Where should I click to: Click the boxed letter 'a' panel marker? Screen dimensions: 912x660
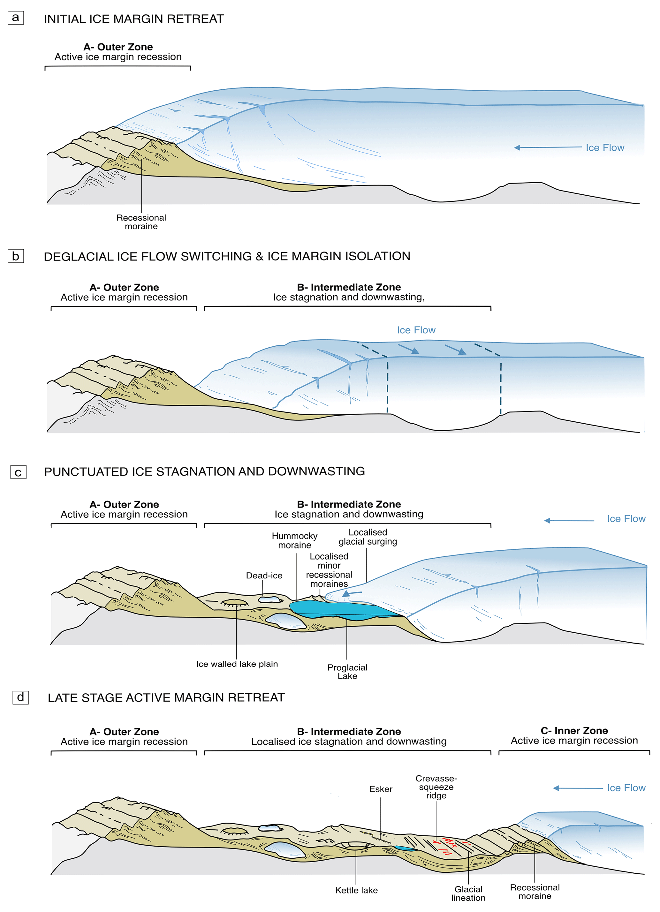pos(16,18)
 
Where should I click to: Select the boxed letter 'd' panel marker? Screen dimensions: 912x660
pos(20,697)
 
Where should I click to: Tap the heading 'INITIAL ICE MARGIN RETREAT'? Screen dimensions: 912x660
pos(133,19)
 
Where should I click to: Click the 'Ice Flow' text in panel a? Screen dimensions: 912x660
pos(604,147)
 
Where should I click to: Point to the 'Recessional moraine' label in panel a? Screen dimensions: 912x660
pos(141,222)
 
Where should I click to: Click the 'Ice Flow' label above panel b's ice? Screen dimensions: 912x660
pos(416,330)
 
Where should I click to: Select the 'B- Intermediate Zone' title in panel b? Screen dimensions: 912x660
pos(349,287)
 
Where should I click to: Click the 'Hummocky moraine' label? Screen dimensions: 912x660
pos(294,540)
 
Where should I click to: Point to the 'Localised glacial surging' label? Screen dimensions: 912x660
pos(368,537)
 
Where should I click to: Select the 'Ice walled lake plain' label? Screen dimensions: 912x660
pos(237,664)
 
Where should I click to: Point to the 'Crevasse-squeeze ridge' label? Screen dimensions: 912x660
pos(436,787)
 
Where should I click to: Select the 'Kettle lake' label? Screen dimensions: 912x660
pos(356,890)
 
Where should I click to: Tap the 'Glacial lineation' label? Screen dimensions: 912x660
pos(468,893)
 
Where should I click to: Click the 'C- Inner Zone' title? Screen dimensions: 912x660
pos(574,731)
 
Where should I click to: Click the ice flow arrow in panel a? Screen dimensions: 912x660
pos(547,147)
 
